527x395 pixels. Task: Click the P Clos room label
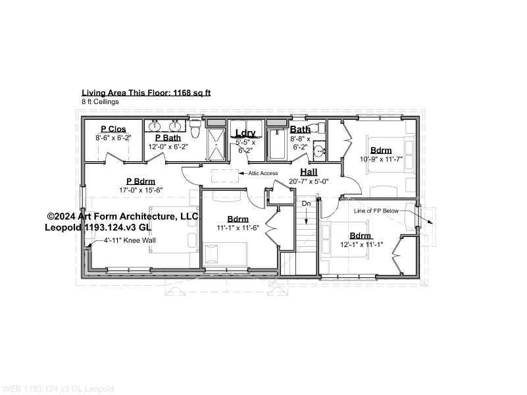coord(113,129)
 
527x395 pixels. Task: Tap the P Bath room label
coord(168,138)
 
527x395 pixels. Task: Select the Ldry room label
coord(245,133)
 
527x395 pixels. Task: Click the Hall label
coord(309,172)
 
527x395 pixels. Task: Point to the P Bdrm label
coord(141,182)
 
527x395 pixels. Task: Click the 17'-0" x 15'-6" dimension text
coord(141,190)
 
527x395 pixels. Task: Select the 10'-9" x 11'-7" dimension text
coord(381,159)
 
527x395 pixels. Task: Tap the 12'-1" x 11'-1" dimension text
coord(362,244)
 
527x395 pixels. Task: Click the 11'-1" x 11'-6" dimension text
coord(238,228)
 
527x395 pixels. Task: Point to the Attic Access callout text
coord(263,173)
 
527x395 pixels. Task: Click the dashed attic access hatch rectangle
coord(225,176)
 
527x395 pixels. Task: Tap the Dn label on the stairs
coord(306,203)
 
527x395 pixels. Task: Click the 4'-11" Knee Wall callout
coord(130,240)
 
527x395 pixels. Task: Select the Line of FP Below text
coord(376,211)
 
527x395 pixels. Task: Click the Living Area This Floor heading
coord(146,93)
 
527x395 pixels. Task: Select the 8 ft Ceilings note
coord(100,101)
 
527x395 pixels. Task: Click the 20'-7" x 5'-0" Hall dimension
coord(309,182)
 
